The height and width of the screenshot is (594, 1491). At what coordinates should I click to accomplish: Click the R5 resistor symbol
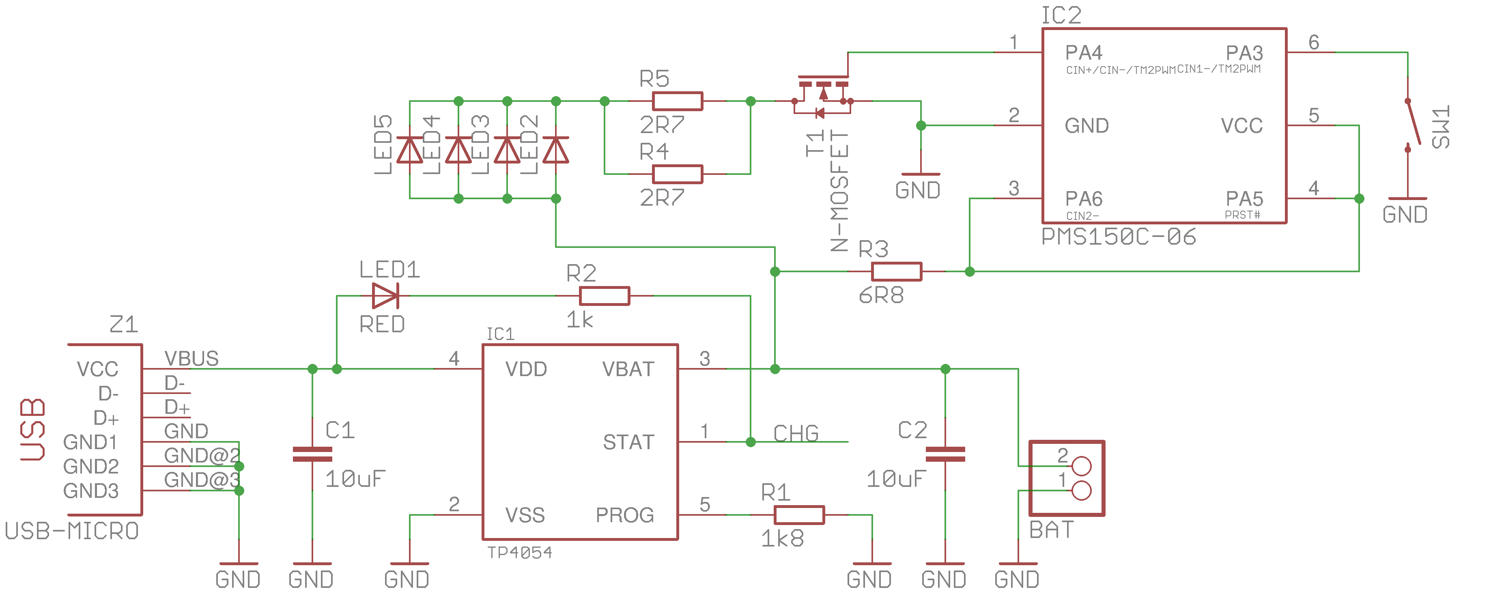[x=677, y=101]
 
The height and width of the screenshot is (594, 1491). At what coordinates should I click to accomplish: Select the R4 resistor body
[x=677, y=174]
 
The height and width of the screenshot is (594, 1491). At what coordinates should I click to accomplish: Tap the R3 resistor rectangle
[x=897, y=271]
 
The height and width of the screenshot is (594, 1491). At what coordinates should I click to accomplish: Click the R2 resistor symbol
[x=604, y=296]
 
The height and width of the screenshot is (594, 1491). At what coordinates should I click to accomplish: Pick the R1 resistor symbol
[x=799, y=515]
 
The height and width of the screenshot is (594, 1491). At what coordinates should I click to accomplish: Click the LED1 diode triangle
[x=385, y=296]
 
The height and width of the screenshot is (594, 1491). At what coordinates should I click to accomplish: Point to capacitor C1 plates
[x=312, y=454]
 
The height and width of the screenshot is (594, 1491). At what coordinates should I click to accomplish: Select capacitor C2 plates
[x=945, y=454]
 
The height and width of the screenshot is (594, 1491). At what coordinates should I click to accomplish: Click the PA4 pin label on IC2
[x=1084, y=53]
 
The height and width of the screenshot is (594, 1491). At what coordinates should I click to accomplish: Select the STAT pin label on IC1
[x=628, y=442]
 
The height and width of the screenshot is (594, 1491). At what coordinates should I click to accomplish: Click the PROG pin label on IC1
[x=625, y=515]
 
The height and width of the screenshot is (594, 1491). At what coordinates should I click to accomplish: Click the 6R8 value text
[x=881, y=296]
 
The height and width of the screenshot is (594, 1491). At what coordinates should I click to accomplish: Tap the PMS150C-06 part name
[x=1118, y=237]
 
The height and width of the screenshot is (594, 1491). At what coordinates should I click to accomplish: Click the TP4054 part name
[x=520, y=553]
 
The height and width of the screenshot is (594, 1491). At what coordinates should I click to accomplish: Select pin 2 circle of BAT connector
[x=1081, y=466]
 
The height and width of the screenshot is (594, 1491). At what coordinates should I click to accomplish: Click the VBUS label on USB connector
[x=191, y=359]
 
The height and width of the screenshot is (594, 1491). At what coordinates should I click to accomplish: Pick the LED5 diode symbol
[x=410, y=150]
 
